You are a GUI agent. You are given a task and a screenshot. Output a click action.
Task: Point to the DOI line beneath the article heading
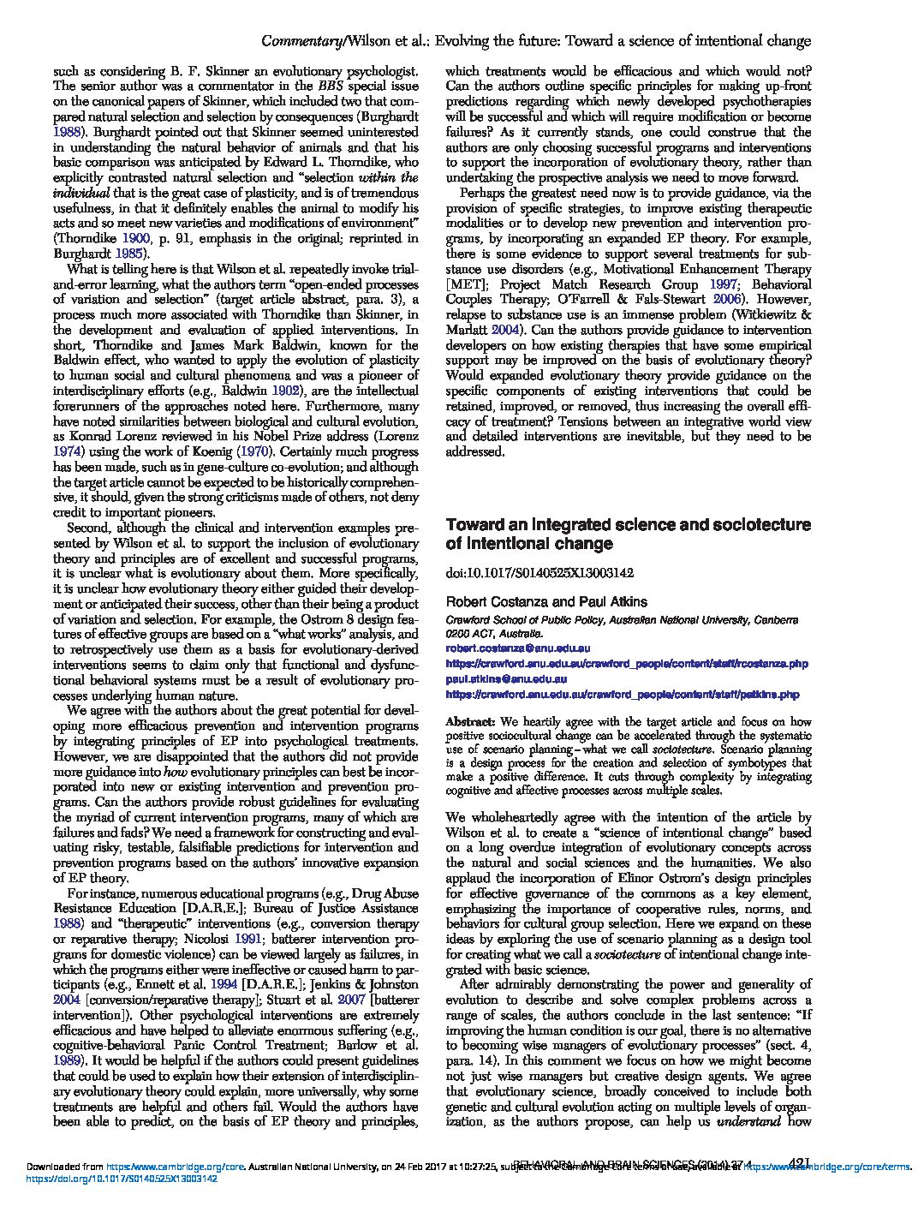pos(539,572)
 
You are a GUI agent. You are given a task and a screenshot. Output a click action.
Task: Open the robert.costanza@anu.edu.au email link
pos(517,649)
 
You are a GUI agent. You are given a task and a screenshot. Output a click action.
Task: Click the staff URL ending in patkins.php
pos(623,694)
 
